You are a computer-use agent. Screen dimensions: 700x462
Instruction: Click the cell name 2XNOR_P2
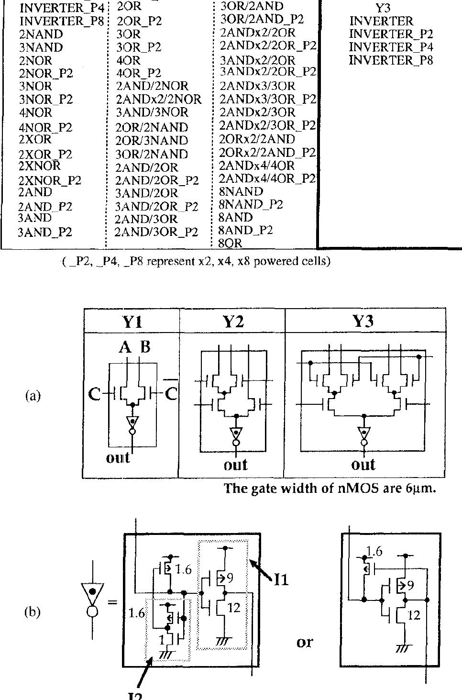point(50,180)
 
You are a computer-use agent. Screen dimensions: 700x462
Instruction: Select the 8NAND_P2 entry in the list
point(251,204)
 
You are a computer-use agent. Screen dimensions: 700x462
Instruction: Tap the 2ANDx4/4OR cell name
point(257,166)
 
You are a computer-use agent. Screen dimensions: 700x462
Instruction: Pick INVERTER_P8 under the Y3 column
point(391,60)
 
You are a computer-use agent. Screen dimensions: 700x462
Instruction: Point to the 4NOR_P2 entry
point(45,127)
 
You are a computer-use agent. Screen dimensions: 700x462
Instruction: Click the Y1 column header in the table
point(132,322)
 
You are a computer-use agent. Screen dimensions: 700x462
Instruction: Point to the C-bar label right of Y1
point(171,394)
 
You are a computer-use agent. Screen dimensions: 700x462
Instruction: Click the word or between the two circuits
point(305,641)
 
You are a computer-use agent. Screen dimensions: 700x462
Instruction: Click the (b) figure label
point(32,612)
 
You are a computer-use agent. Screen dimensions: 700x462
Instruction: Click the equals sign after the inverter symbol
point(112,602)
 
